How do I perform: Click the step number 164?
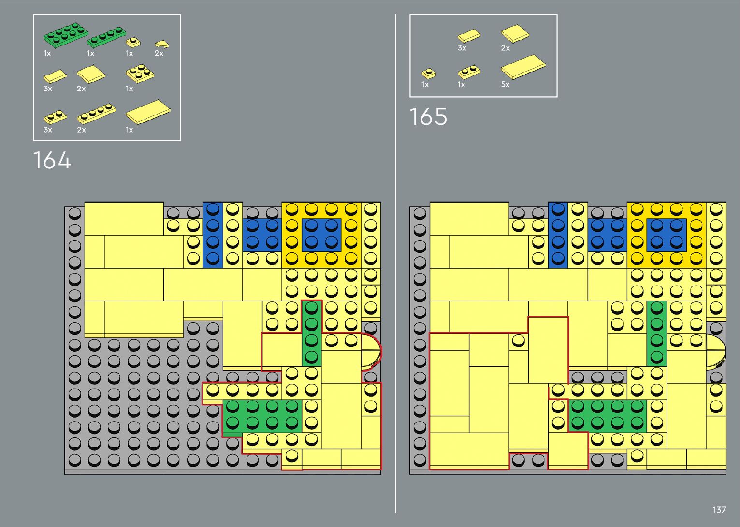[x=52, y=160]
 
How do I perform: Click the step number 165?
[x=428, y=117]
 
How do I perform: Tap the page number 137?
[x=719, y=510]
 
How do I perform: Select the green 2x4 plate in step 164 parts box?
[x=66, y=35]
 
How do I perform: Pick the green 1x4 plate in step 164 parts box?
[x=106, y=37]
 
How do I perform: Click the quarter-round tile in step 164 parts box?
[x=162, y=45]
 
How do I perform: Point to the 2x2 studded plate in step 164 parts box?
[x=140, y=74]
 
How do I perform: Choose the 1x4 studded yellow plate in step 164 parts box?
[x=97, y=114]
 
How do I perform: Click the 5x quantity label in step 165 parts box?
[x=505, y=84]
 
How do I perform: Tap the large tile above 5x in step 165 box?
[x=523, y=66]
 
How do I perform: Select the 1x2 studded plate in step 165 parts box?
[x=468, y=73]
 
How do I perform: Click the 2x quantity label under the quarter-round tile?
[x=159, y=54]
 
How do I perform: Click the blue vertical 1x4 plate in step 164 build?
[x=213, y=235]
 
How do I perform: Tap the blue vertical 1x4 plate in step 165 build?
[x=558, y=235]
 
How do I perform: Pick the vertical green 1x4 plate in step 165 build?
[x=656, y=333]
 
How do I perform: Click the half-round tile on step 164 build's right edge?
[x=371, y=351]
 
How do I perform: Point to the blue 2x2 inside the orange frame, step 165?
[x=666, y=235]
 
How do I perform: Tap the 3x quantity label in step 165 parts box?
[x=462, y=48]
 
